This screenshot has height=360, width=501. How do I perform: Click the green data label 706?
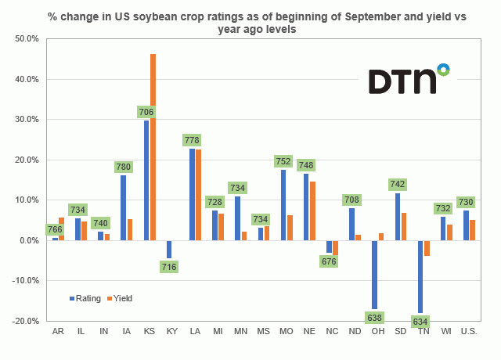pyautogui.click(x=146, y=112)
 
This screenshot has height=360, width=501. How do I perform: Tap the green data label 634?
pyautogui.click(x=420, y=322)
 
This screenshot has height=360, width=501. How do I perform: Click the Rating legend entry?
pyautogui.click(x=85, y=298)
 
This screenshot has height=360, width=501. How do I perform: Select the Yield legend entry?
pyautogui.click(x=120, y=298)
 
